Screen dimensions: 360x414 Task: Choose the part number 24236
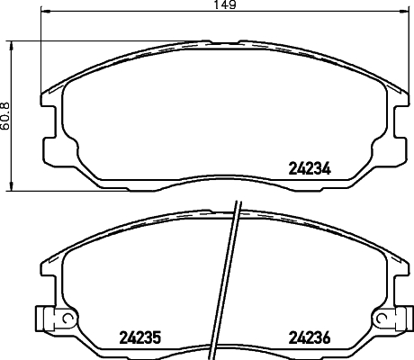(310, 339)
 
